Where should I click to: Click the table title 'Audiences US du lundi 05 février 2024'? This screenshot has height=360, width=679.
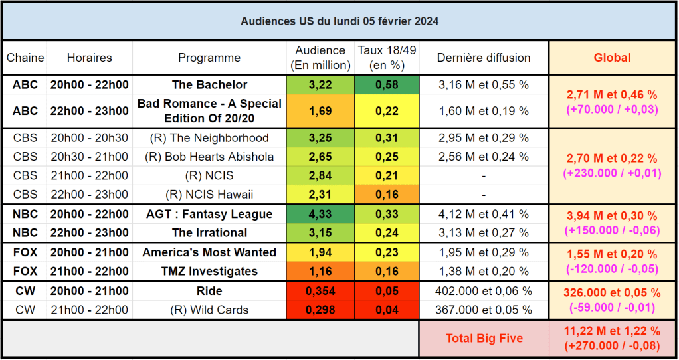coord(339,21)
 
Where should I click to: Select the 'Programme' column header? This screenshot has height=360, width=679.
coord(209,58)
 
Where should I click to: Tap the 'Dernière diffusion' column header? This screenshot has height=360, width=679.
coord(484,58)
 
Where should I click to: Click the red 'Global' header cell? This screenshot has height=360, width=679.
coord(612,58)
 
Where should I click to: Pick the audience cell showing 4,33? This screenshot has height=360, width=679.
coord(320,214)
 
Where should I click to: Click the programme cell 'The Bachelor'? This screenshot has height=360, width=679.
coord(209,85)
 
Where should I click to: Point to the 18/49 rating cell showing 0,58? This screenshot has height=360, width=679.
coord(387,85)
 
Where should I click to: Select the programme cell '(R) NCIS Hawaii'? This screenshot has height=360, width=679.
coord(209,195)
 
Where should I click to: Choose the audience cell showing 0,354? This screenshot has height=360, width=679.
coord(320,291)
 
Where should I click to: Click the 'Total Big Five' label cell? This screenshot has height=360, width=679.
coord(484,338)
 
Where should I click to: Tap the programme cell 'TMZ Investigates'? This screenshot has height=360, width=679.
coord(209,271)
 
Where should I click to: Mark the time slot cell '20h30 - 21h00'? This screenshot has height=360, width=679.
coord(90,157)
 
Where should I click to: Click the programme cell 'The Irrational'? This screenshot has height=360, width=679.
coord(209,232)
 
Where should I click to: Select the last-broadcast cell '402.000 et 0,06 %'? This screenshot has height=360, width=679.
coord(484,291)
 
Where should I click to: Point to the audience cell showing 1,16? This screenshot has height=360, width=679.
coord(320,271)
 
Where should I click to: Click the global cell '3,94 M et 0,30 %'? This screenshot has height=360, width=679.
coord(612,216)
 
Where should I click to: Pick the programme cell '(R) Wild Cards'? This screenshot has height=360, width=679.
coord(209,310)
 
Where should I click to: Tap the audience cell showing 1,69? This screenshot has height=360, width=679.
coord(320,110)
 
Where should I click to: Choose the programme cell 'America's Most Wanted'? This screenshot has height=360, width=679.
coord(209,252)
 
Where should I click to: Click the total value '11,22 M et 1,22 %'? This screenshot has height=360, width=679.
coord(612,331)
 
